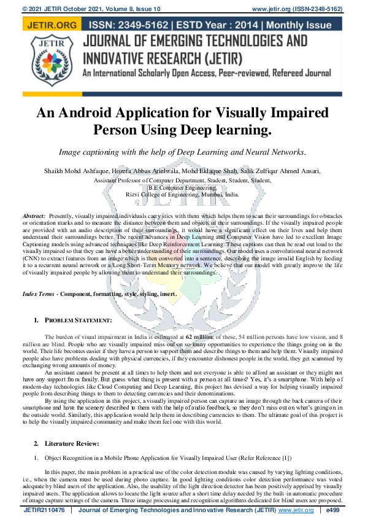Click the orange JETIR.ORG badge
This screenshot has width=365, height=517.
coord(50,25)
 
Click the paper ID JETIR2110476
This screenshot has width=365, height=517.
coord(44,510)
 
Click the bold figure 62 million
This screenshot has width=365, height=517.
coord(199,337)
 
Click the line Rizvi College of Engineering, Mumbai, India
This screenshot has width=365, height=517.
coord(182,193)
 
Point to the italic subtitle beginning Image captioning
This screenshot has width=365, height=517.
coord(182,151)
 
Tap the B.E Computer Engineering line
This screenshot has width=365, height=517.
coord(182,187)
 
